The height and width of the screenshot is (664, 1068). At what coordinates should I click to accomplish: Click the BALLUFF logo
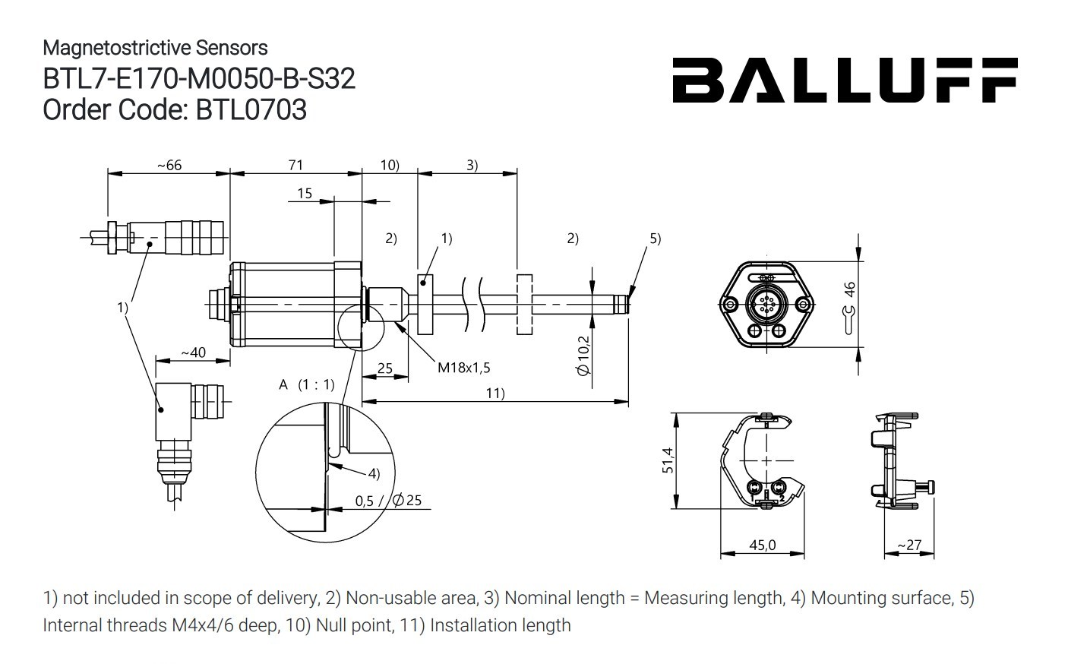pyautogui.click(x=844, y=80)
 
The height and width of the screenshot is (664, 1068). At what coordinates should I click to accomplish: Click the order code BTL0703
pyautogui.click(x=251, y=110)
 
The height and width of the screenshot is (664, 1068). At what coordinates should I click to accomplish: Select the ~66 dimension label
pyautogui.click(x=169, y=165)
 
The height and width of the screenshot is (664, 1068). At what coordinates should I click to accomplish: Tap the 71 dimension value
pyautogui.click(x=295, y=165)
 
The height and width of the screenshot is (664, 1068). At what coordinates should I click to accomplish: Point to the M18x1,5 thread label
pyautogui.click(x=463, y=368)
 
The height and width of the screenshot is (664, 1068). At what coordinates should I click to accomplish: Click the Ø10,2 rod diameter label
pyautogui.click(x=583, y=356)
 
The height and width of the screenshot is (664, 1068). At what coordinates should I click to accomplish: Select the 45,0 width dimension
pyautogui.click(x=762, y=545)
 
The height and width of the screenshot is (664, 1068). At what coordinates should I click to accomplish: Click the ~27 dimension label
pyautogui.click(x=908, y=545)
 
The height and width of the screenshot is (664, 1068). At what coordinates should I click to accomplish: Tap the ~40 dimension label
pyautogui.click(x=192, y=353)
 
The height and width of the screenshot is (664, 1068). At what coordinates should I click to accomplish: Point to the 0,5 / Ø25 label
pyautogui.click(x=387, y=501)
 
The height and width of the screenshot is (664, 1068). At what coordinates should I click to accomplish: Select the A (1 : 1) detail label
pyautogui.click(x=306, y=384)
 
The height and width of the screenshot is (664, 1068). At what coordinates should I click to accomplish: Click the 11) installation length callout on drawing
pyautogui.click(x=495, y=393)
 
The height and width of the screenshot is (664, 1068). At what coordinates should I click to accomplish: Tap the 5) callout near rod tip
pyautogui.click(x=655, y=239)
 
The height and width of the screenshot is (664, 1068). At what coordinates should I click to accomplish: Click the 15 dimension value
pyautogui.click(x=304, y=193)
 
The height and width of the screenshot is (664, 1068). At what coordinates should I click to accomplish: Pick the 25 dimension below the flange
pyautogui.click(x=384, y=368)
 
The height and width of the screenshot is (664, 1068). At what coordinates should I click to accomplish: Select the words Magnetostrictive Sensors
pyautogui.click(x=155, y=48)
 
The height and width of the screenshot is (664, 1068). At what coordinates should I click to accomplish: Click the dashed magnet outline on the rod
pyautogui.click(x=524, y=304)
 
